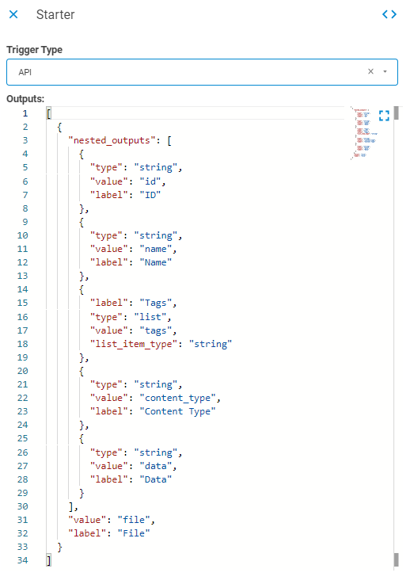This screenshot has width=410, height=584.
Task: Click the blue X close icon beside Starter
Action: pos(13,14)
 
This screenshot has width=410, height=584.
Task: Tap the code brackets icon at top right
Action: pos(389,14)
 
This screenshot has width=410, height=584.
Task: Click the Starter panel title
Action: pos(55,14)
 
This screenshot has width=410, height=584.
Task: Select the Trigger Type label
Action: pos(34,50)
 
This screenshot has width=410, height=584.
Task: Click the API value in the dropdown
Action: pos(25,72)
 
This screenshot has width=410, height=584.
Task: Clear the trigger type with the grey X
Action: pos(370,71)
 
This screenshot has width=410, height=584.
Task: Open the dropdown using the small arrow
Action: pos(385,71)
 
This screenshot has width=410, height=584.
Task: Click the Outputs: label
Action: pos(25,99)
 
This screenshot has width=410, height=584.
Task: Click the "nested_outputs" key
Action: pos(109,140)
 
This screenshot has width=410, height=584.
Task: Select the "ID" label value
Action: pos(150,195)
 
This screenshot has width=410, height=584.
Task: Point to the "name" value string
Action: pos(155,249)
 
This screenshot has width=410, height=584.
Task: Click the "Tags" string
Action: pos(155,303)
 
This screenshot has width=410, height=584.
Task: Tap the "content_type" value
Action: pos(177,398)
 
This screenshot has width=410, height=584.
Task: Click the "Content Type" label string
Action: pos(177,411)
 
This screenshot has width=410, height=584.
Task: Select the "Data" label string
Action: pos(155,479)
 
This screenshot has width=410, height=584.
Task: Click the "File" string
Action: pos(134,533)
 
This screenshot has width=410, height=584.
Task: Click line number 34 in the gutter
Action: pos(22,560)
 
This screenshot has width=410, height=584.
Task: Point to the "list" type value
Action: pos(150,317)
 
